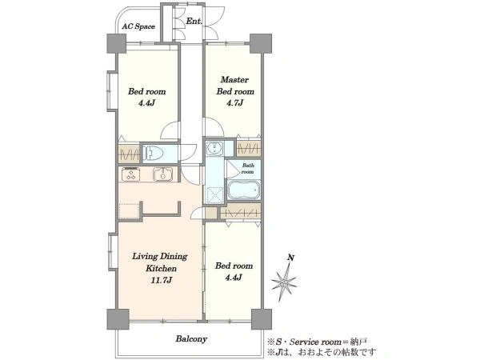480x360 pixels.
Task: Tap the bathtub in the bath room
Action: coord(244,190)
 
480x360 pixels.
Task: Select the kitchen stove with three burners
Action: coord(131,174)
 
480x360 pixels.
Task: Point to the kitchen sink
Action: coord(163,174)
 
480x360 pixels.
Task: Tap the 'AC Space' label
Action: coord(138,26)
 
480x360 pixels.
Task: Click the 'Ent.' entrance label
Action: coord(194,21)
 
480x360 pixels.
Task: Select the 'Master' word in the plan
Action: coord(234,79)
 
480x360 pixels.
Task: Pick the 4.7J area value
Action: coord(234,103)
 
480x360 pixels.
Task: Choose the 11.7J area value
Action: coord(161,280)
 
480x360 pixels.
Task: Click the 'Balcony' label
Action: coord(191,339)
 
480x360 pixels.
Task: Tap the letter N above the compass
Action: coord(291,258)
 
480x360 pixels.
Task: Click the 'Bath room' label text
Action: coord(248,168)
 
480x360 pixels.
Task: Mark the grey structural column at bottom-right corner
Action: coord(262,319)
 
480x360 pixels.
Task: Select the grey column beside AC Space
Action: coord(116,43)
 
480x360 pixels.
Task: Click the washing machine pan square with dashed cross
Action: coord(214,194)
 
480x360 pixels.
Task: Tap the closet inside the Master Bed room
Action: coord(249,148)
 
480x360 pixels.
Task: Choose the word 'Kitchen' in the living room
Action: coord(161,269)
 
